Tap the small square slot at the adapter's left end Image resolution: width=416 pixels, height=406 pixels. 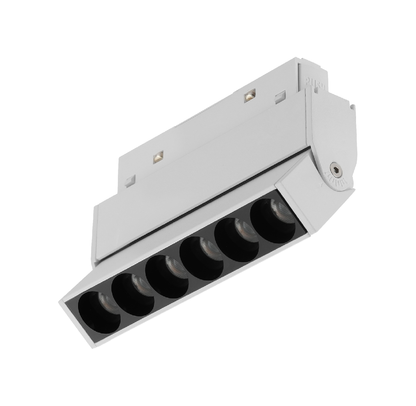coord(130,180)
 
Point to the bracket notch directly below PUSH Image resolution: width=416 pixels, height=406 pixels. coord(316,91)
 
